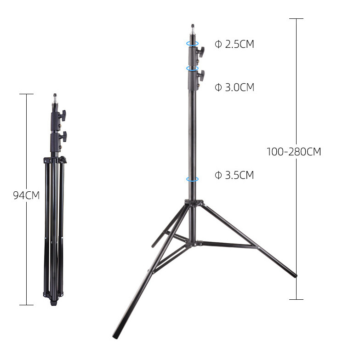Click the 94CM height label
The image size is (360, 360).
tap(26, 195)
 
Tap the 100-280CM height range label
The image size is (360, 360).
tap(294, 152)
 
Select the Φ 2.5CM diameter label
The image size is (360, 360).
tap(234, 44)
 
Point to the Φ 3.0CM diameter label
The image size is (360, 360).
tap(234, 87)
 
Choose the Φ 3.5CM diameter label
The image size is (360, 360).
tap(234, 175)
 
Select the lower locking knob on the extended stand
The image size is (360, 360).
tap(201, 76)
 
